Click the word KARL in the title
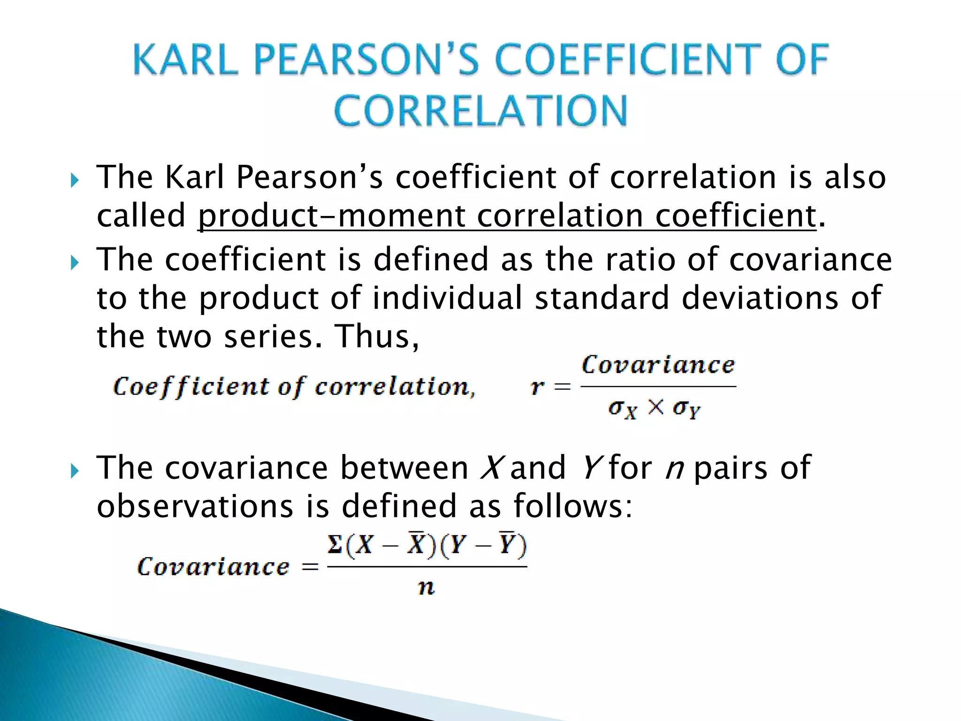point(185,60)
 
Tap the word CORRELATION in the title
point(480,111)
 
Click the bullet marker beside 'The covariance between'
point(75,470)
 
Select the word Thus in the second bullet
point(377,337)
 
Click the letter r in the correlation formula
point(537,387)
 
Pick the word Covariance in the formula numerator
point(658,365)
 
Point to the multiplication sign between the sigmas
point(656,407)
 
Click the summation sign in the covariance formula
point(335,545)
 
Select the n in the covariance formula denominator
point(426,587)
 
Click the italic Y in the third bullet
point(589,468)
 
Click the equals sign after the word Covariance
point(310,567)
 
